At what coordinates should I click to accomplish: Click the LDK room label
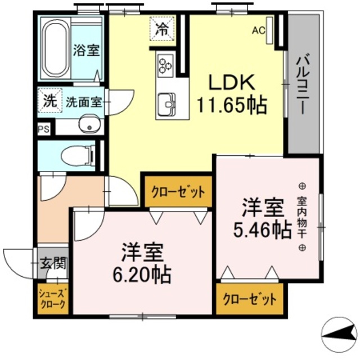coord(232,83)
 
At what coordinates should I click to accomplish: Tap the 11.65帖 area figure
coord(231,104)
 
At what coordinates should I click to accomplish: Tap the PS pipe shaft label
coord(43,129)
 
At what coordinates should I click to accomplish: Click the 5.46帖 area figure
coord(263,229)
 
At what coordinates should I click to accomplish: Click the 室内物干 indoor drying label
coord(301,217)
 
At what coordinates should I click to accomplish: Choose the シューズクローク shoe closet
coord(53,298)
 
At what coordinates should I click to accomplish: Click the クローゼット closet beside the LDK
coord(178,192)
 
